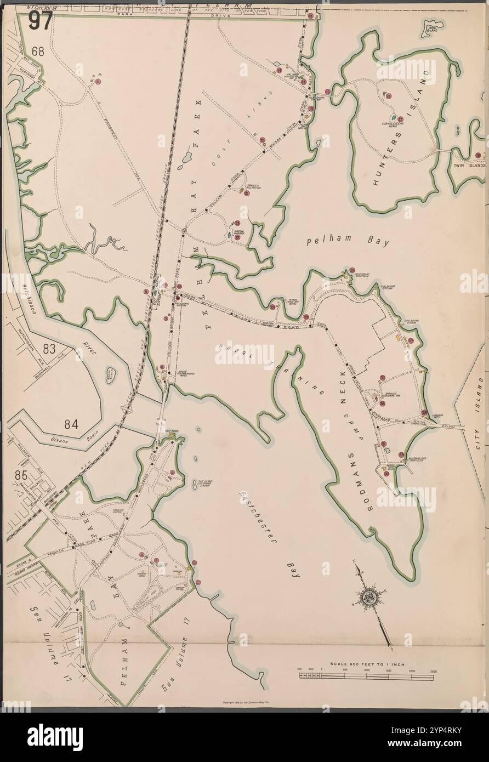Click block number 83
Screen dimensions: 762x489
click(50, 348)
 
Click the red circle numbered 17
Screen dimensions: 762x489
click(401, 119)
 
